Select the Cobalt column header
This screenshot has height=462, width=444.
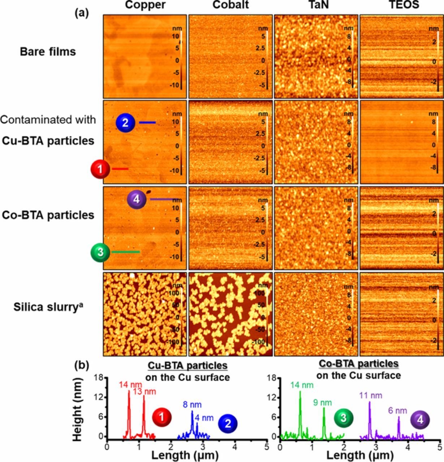pos(230,5)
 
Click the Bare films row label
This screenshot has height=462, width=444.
pos(48,52)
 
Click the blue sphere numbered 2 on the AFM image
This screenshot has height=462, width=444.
pos(125,123)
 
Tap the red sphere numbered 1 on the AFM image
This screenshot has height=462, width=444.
pos(100,169)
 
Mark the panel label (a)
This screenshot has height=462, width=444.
pos(82,13)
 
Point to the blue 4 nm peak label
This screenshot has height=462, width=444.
pos(204,418)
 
